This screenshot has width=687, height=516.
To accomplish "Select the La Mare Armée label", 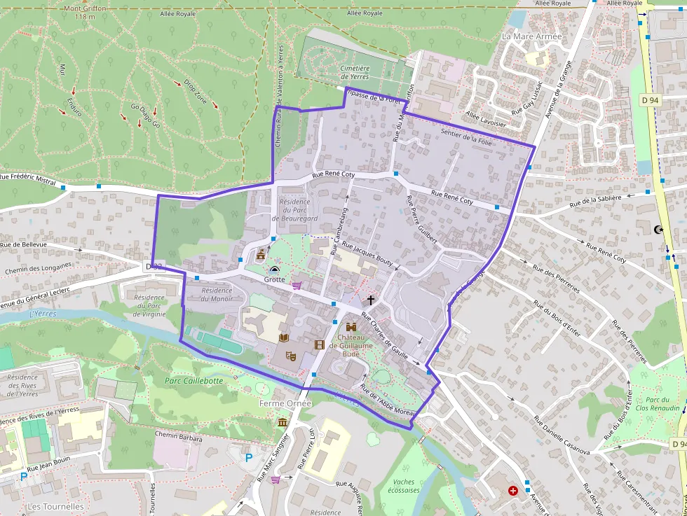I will point(532,36).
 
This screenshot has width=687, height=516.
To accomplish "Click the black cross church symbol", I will point(371,300).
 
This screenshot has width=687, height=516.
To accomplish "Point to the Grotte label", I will point(274,279).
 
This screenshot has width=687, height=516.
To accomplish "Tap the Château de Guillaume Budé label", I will point(351,345).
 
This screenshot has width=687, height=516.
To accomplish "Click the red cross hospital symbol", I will point(512,490).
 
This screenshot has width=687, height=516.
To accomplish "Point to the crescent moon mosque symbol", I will point(658,229).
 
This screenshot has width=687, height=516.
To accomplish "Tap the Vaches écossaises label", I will point(407,486).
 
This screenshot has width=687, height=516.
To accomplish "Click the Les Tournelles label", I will point(55,506).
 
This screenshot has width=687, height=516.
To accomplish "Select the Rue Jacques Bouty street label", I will point(367,254).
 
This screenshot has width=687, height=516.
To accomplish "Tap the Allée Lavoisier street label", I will point(485,118).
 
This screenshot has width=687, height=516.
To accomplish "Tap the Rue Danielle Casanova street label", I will point(562,436).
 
